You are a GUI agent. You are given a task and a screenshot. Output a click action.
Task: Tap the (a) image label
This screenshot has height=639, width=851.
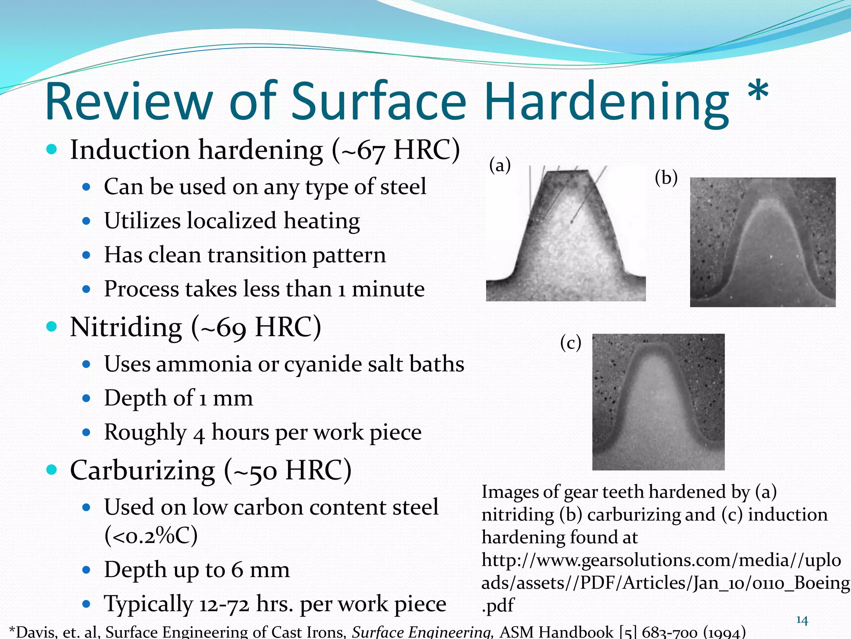pyautogui.click(x=499, y=166)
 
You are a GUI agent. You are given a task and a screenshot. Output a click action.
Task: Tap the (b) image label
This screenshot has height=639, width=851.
pyautogui.click(x=666, y=178)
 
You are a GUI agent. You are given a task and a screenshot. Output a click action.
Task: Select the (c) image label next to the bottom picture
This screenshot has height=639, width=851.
pyautogui.click(x=571, y=343)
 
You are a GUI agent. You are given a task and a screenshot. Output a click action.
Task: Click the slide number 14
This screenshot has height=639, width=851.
pyautogui.click(x=802, y=620)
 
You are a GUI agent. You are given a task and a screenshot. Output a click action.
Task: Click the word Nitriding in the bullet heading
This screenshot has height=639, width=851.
pyautogui.click(x=126, y=327)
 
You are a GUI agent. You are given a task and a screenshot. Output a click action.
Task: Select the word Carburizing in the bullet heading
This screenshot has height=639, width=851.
pyautogui.click(x=143, y=471)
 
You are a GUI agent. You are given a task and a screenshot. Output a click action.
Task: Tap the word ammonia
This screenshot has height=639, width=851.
pyautogui.click(x=204, y=364)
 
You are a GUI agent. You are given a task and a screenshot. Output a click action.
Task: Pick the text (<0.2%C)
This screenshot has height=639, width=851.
pyautogui.click(x=151, y=536)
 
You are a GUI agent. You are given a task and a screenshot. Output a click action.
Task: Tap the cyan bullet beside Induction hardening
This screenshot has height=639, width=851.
pyautogui.click(x=52, y=149)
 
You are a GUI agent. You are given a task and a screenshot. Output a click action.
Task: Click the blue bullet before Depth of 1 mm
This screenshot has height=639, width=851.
pyautogui.click(x=86, y=399)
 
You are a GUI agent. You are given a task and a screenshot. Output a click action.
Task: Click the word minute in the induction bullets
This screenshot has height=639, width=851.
pyautogui.click(x=388, y=289)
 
